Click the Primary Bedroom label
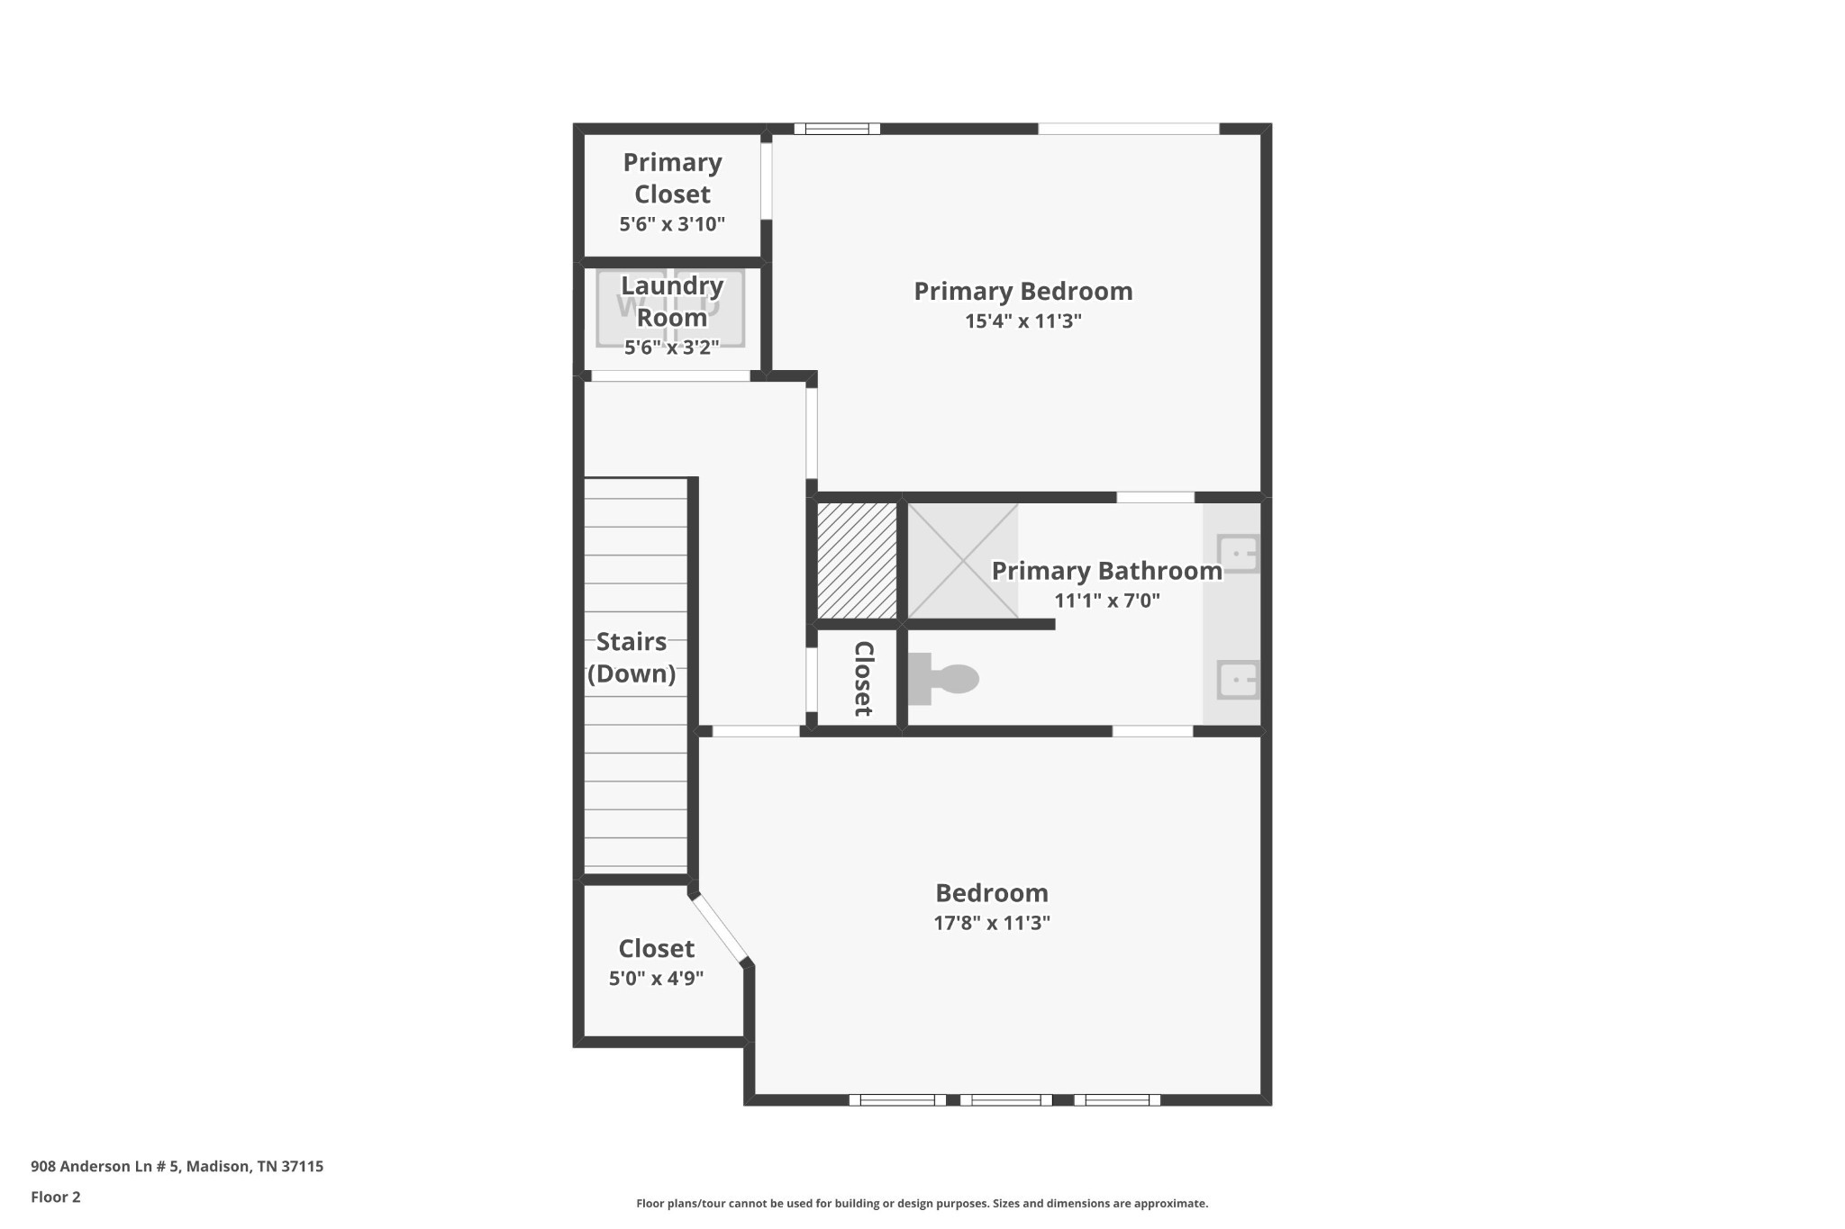click(1022, 292)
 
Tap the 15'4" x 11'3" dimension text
click(1022, 321)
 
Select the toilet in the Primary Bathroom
click(946, 679)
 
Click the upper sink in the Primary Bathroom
click(1237, 553)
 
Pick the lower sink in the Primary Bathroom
click(1237, 680)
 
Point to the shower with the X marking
click(962, 561)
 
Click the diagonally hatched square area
click(857, 561)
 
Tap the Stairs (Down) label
click(632, 657)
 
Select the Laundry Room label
click(672, 301)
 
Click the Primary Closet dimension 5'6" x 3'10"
click(672, 224)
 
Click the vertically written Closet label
click(862, 678)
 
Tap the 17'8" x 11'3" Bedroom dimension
click(992, 923)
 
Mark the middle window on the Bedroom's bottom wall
click(1005, 1099)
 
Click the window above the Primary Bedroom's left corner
click(836, 129)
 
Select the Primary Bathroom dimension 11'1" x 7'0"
click(1107, 601)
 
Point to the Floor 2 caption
click(56, 1197)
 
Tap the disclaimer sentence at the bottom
click(922, 1204)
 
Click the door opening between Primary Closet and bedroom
click(767, 180)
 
